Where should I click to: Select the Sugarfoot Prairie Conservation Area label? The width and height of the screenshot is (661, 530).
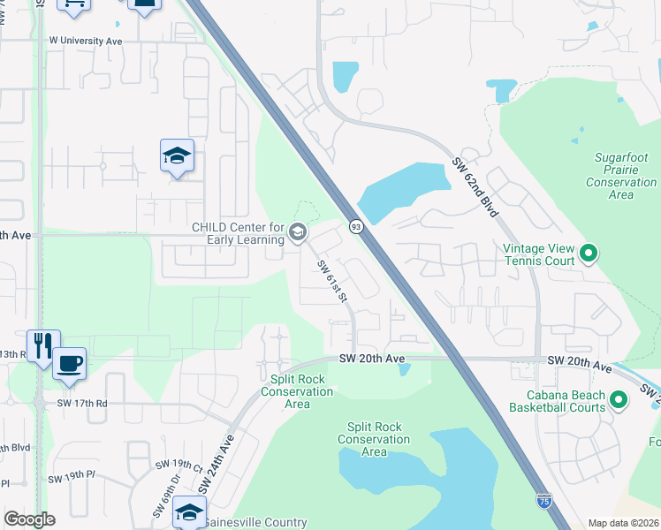(x=621, y=175)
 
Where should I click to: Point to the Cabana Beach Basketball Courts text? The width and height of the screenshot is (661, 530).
(x=558, y=401)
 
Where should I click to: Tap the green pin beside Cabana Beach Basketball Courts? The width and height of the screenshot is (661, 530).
(x=619, y=401)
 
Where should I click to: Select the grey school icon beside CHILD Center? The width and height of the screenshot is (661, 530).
(x=297, y=233)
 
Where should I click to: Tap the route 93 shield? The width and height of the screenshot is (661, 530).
(x=354, y=226)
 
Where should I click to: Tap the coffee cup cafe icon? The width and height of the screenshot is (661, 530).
(x=69, y=362)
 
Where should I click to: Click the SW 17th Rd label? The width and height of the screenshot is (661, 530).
(x=82, y=403)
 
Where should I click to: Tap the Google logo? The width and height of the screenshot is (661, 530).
(x=29, y=519)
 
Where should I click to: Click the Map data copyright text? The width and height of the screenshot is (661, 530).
(x=622, y=523)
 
